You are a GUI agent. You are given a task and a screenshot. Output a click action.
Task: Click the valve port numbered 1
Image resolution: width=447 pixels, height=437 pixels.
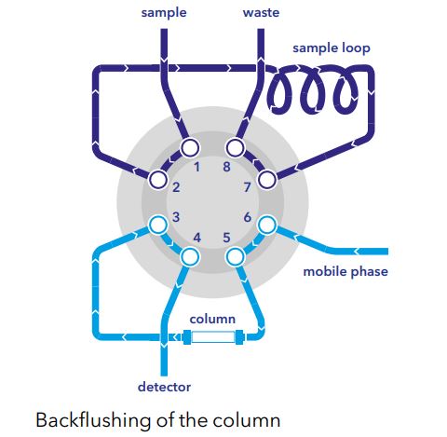coord(190,148)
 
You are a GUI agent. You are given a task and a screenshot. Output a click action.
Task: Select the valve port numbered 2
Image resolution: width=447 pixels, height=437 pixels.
coord(158,180)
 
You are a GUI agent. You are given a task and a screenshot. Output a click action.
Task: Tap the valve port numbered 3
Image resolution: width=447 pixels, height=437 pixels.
coord(158,225)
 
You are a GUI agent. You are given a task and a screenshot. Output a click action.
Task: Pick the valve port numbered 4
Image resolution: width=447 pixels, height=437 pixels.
coord(190,256)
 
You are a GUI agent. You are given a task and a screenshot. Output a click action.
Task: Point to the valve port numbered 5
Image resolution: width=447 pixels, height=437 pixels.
coord(236,256)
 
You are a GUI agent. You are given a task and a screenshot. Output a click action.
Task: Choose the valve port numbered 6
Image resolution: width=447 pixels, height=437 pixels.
coord(267,225)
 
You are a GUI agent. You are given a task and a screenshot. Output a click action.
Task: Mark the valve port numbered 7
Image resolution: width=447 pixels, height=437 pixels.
coord(267,180)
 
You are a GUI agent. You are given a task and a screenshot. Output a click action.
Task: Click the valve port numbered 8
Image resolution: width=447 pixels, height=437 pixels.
coord(235,148)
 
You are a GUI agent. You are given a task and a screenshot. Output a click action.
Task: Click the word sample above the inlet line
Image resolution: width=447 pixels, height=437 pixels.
coord(164,13)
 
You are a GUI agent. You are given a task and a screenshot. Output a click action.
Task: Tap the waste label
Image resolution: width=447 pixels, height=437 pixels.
coord(261,12)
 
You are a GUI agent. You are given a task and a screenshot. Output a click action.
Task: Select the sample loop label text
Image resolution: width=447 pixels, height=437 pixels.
coord(332,48)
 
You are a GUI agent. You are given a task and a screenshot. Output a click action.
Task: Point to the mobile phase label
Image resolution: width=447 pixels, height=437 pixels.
coord(345,272)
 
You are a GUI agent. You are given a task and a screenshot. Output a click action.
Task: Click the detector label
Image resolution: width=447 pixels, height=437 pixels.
coord(164,387)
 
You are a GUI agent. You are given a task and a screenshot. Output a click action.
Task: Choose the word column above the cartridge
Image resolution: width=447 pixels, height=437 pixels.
coord(212,319)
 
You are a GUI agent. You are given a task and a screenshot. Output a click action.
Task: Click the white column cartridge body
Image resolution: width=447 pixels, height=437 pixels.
coord(213,337)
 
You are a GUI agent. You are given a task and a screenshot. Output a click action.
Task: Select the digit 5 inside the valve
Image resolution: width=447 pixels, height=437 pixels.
coord(227,238)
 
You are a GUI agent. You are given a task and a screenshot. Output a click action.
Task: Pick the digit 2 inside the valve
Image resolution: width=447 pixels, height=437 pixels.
coord(176,187)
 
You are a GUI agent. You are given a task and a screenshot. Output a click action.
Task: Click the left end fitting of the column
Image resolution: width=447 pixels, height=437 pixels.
coord(186,337)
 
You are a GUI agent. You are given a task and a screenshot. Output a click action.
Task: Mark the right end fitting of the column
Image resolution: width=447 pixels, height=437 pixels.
coord(239,337)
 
